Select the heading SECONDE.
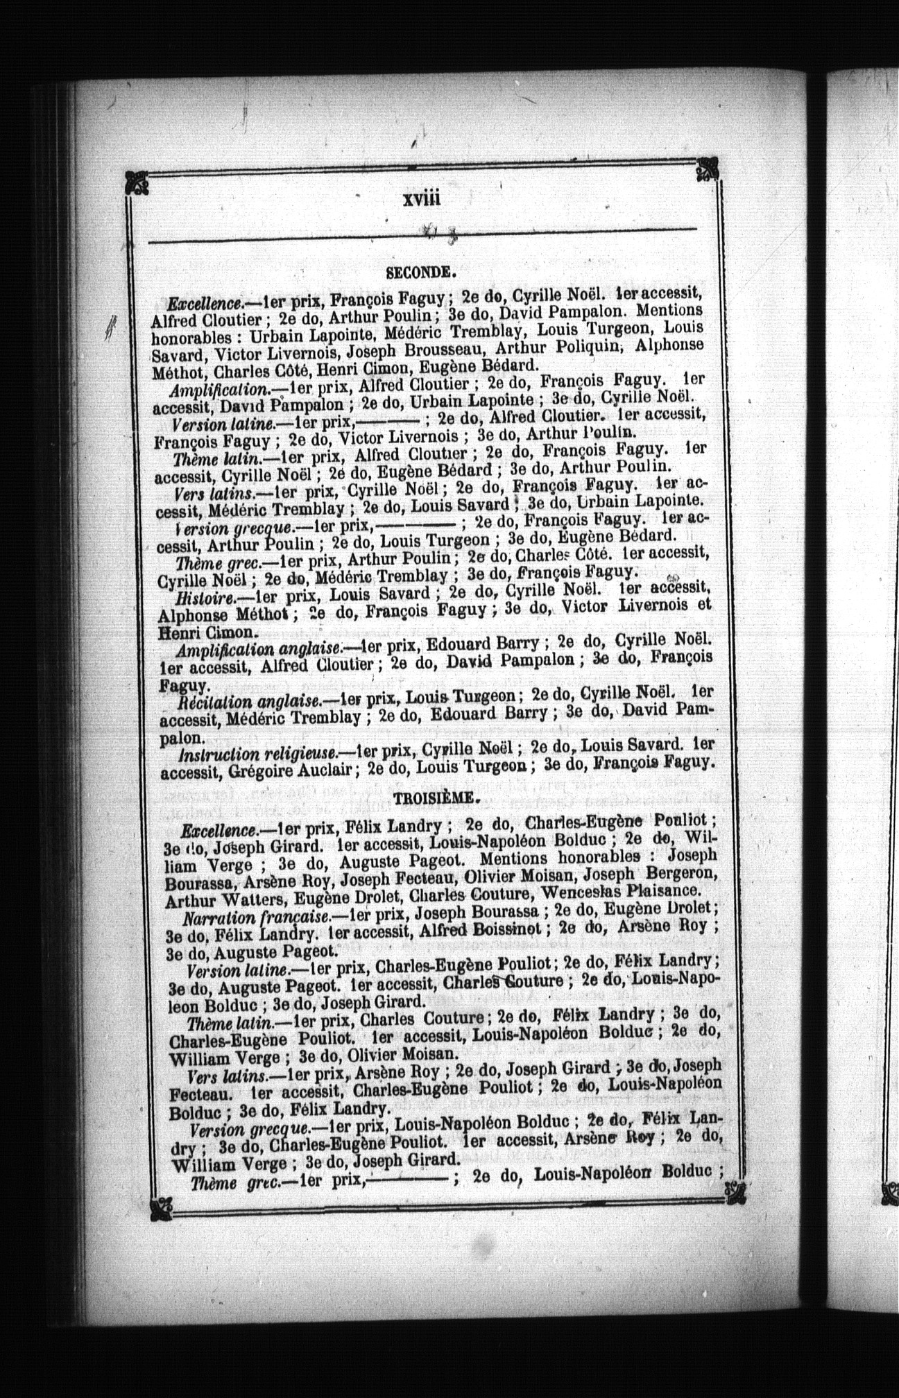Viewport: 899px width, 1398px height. pos(420,273)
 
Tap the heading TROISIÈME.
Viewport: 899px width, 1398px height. pos(436,798)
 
